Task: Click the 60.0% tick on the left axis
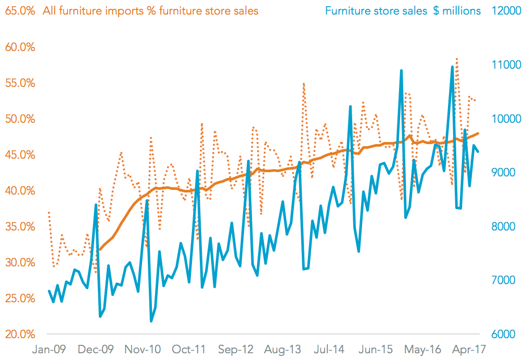20,47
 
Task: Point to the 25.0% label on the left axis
20,299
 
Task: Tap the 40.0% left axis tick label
20,191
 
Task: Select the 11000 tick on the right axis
502,65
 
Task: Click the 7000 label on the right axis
502,280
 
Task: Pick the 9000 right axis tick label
502,173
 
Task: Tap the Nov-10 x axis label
142,349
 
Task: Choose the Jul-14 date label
330,349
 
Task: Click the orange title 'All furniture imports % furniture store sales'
151,10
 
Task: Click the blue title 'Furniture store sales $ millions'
403,10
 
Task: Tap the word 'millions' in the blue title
461,10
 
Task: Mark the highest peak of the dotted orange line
456,59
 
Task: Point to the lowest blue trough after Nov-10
151,321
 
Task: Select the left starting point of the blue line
49,291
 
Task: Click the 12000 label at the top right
502,11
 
